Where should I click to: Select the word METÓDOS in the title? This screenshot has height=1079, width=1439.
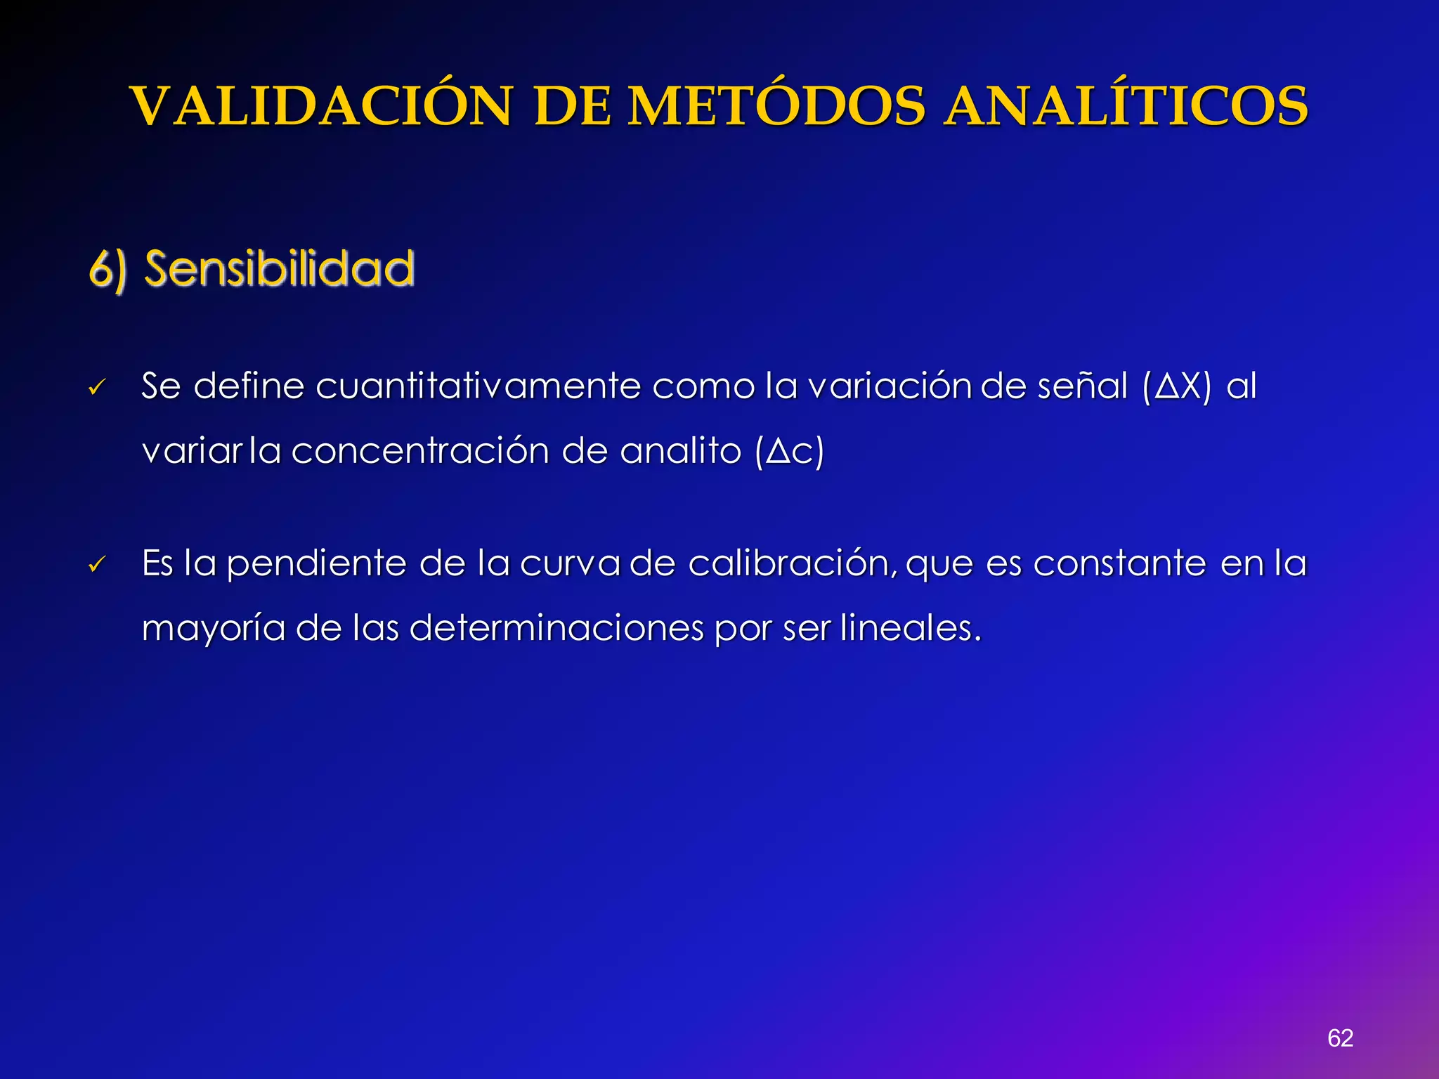point(776,107)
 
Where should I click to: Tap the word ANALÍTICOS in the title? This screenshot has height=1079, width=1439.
point(1126,107)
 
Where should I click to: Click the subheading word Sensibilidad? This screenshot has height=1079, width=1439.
point(280,269)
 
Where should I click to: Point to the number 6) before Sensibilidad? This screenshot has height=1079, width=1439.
point(108,270)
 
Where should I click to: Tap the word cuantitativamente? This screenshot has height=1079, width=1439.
point(478,386)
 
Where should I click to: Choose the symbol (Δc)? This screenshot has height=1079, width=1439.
point(789,452)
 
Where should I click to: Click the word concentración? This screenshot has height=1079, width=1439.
point(419,451)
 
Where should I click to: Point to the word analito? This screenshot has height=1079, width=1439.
point(680,451)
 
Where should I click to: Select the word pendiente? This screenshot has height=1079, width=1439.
point(316,564)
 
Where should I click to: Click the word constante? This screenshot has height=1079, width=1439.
point(1120,563)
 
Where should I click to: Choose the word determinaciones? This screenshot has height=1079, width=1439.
point(556,627)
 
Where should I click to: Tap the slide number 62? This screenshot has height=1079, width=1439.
point(1340,1038)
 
